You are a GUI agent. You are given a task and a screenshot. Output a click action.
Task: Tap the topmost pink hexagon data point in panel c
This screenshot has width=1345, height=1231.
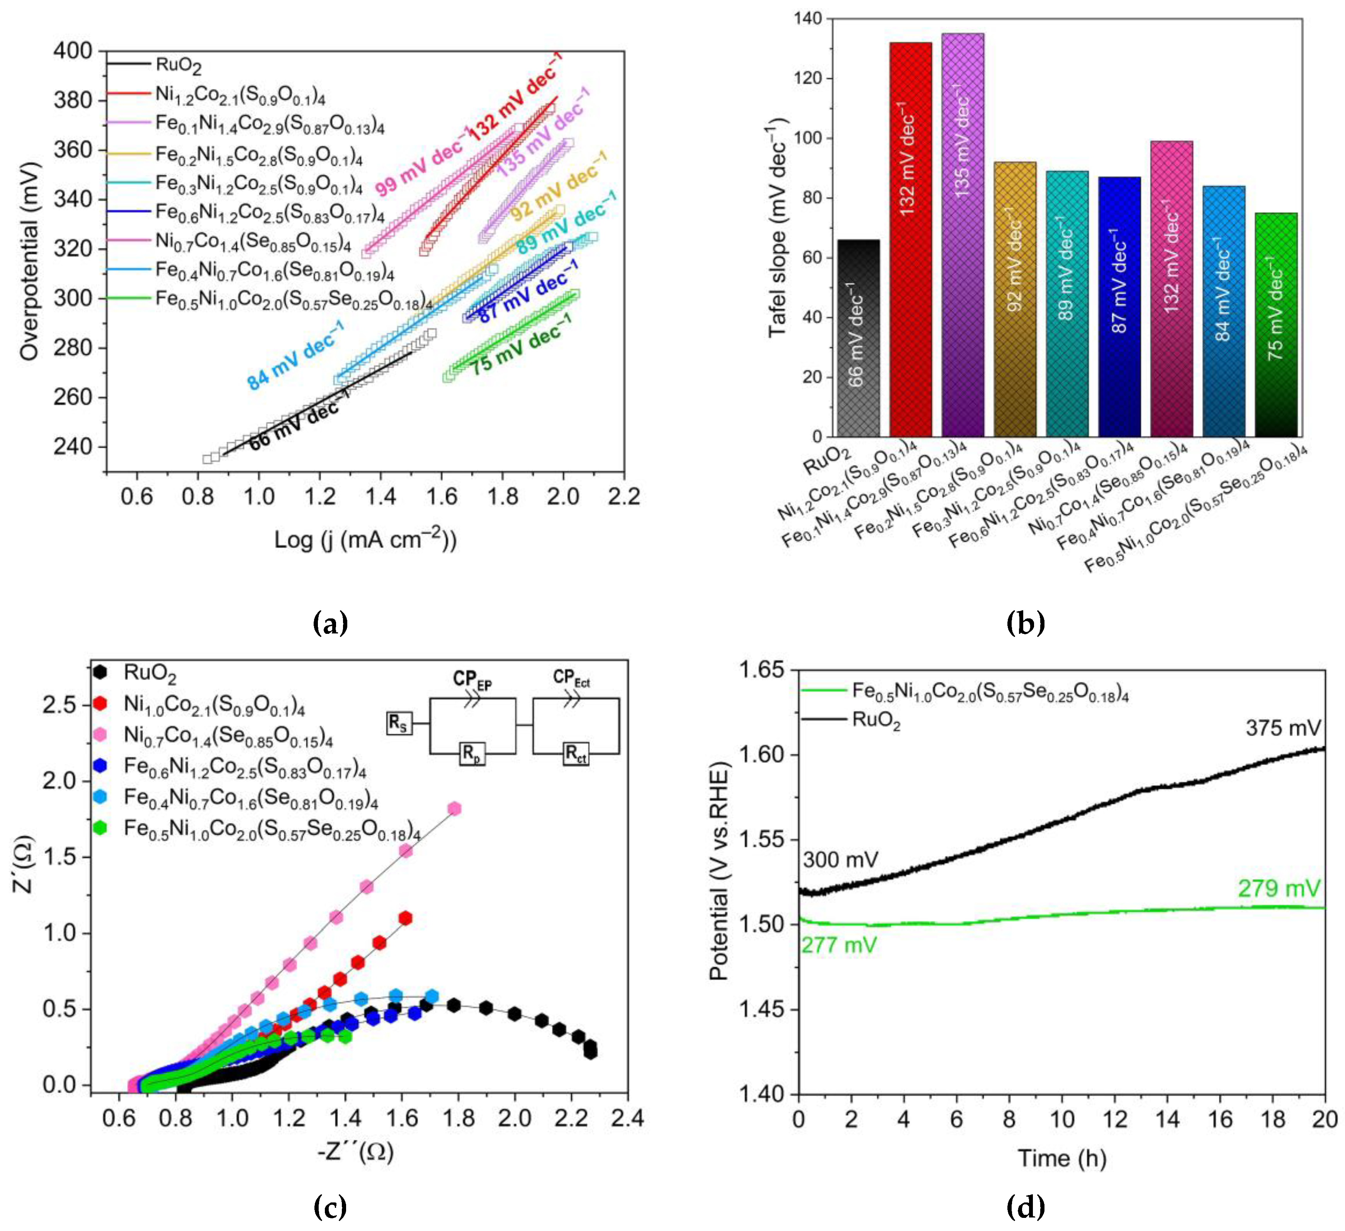(x=454, y=808)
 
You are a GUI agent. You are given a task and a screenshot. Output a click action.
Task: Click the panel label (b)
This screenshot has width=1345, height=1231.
(x=1025, y=623)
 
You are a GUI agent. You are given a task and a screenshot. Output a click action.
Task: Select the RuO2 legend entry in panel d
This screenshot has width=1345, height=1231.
(x=876, y=721)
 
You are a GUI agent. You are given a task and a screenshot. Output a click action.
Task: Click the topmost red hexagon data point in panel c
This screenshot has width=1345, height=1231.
(x=405, y=918)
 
